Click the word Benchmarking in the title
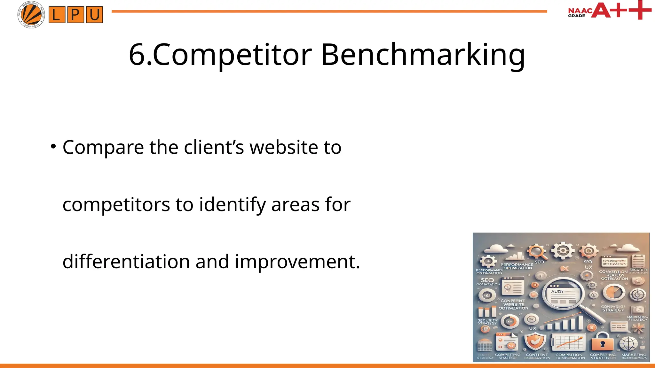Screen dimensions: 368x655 [x=423, y=55]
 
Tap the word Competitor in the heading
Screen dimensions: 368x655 [x=232, y=55]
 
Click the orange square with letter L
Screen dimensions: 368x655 [x=57, y=15]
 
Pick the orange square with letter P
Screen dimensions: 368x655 [x=75, y=15]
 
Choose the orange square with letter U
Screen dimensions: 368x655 [x=94, y=15]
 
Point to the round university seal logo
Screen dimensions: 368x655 [x=31, y=15]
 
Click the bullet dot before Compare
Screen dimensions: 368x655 [x=53, y=147]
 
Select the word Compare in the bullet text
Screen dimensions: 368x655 [x=103, y=148]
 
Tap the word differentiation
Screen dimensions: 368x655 [x=126, y=262]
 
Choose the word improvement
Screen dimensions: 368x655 [x=297, y=262]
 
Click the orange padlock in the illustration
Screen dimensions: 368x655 [x=602, y=342]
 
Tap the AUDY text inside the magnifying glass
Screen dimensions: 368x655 [x=557, y=292]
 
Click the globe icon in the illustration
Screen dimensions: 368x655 [x=628, y=344]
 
